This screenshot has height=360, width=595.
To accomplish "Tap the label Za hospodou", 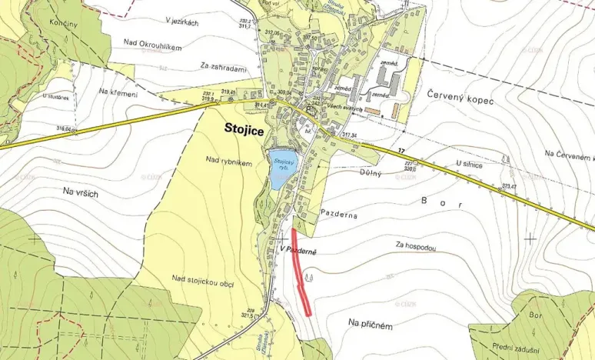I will (417, 247).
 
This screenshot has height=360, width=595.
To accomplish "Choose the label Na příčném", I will (370, 325).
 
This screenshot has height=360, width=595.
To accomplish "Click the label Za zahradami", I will (221, 68).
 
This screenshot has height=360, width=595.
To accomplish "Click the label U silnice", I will (468, 164).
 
